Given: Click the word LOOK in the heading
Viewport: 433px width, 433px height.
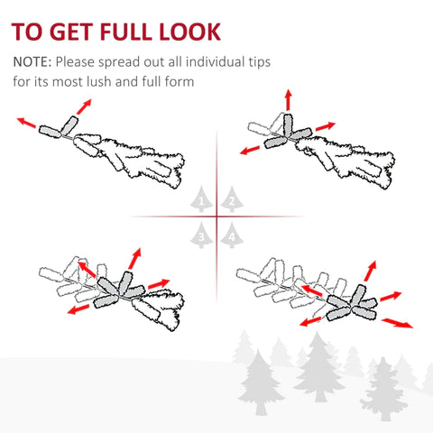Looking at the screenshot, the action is point(190,32).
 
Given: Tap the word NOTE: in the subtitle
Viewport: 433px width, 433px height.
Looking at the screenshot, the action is point(32,61).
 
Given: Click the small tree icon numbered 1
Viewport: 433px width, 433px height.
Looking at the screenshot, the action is point(201,199).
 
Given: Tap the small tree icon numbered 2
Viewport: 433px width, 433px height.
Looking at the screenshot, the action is point(232,199).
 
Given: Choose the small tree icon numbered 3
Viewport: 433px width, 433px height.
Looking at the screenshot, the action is point(201,235).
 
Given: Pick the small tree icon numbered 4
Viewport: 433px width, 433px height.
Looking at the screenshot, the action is point(232,235).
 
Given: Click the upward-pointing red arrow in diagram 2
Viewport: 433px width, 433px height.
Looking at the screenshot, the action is point(289,100).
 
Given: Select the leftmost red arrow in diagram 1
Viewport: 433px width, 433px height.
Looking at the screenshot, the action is point(26,123).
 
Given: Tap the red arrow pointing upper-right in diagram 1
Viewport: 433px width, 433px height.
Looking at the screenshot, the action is point(84,106).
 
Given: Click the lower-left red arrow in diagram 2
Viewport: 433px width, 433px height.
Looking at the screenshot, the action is point(250,150).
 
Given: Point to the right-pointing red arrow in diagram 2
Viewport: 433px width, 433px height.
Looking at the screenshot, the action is point(326,126).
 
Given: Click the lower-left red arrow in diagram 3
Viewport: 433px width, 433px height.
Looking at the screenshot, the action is point(78,309).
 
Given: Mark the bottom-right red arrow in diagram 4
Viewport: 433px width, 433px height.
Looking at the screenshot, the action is point(397,323).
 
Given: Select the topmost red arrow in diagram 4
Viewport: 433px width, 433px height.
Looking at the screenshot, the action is point(370,271).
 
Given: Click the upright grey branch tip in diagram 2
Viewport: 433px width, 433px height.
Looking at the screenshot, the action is point(288,126).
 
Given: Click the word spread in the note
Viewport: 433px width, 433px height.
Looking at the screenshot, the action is point(118,62).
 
